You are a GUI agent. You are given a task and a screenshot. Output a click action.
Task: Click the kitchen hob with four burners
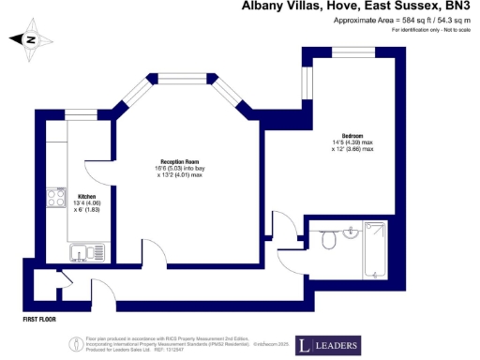[x=52, y=200]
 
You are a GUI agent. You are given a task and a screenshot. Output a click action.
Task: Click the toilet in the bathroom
[x=328, y=241]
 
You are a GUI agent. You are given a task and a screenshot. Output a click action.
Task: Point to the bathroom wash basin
[x=351, y=232]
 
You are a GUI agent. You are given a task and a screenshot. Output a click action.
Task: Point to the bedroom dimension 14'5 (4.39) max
[x=352, y=142]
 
